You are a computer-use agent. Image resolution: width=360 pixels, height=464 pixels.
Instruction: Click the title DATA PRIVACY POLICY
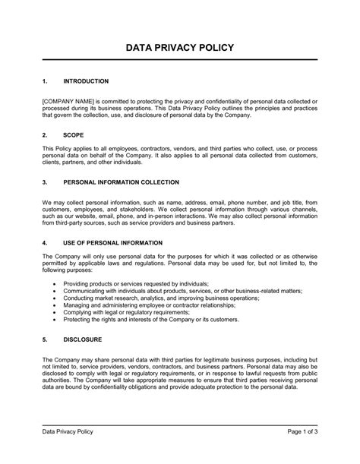click(x=180, y=48)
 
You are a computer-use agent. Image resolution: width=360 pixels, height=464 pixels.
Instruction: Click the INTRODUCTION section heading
click(x=86, y=81)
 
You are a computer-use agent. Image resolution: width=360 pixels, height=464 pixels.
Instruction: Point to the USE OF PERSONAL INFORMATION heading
click(x=112, y=242)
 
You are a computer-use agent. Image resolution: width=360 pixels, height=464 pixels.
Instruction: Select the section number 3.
click(x=45, y=182)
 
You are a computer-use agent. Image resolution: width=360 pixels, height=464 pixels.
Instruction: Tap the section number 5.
click(x=45, y=339)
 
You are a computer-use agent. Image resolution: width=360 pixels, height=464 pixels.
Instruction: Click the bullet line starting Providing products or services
click(x=147, y=283)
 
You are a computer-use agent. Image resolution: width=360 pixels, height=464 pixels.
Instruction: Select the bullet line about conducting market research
click(x=161, y=298)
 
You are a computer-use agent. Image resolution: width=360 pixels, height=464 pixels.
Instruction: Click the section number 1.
click(x=45, y=81)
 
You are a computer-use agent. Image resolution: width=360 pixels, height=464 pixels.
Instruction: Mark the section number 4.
click(x=45, y=242)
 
